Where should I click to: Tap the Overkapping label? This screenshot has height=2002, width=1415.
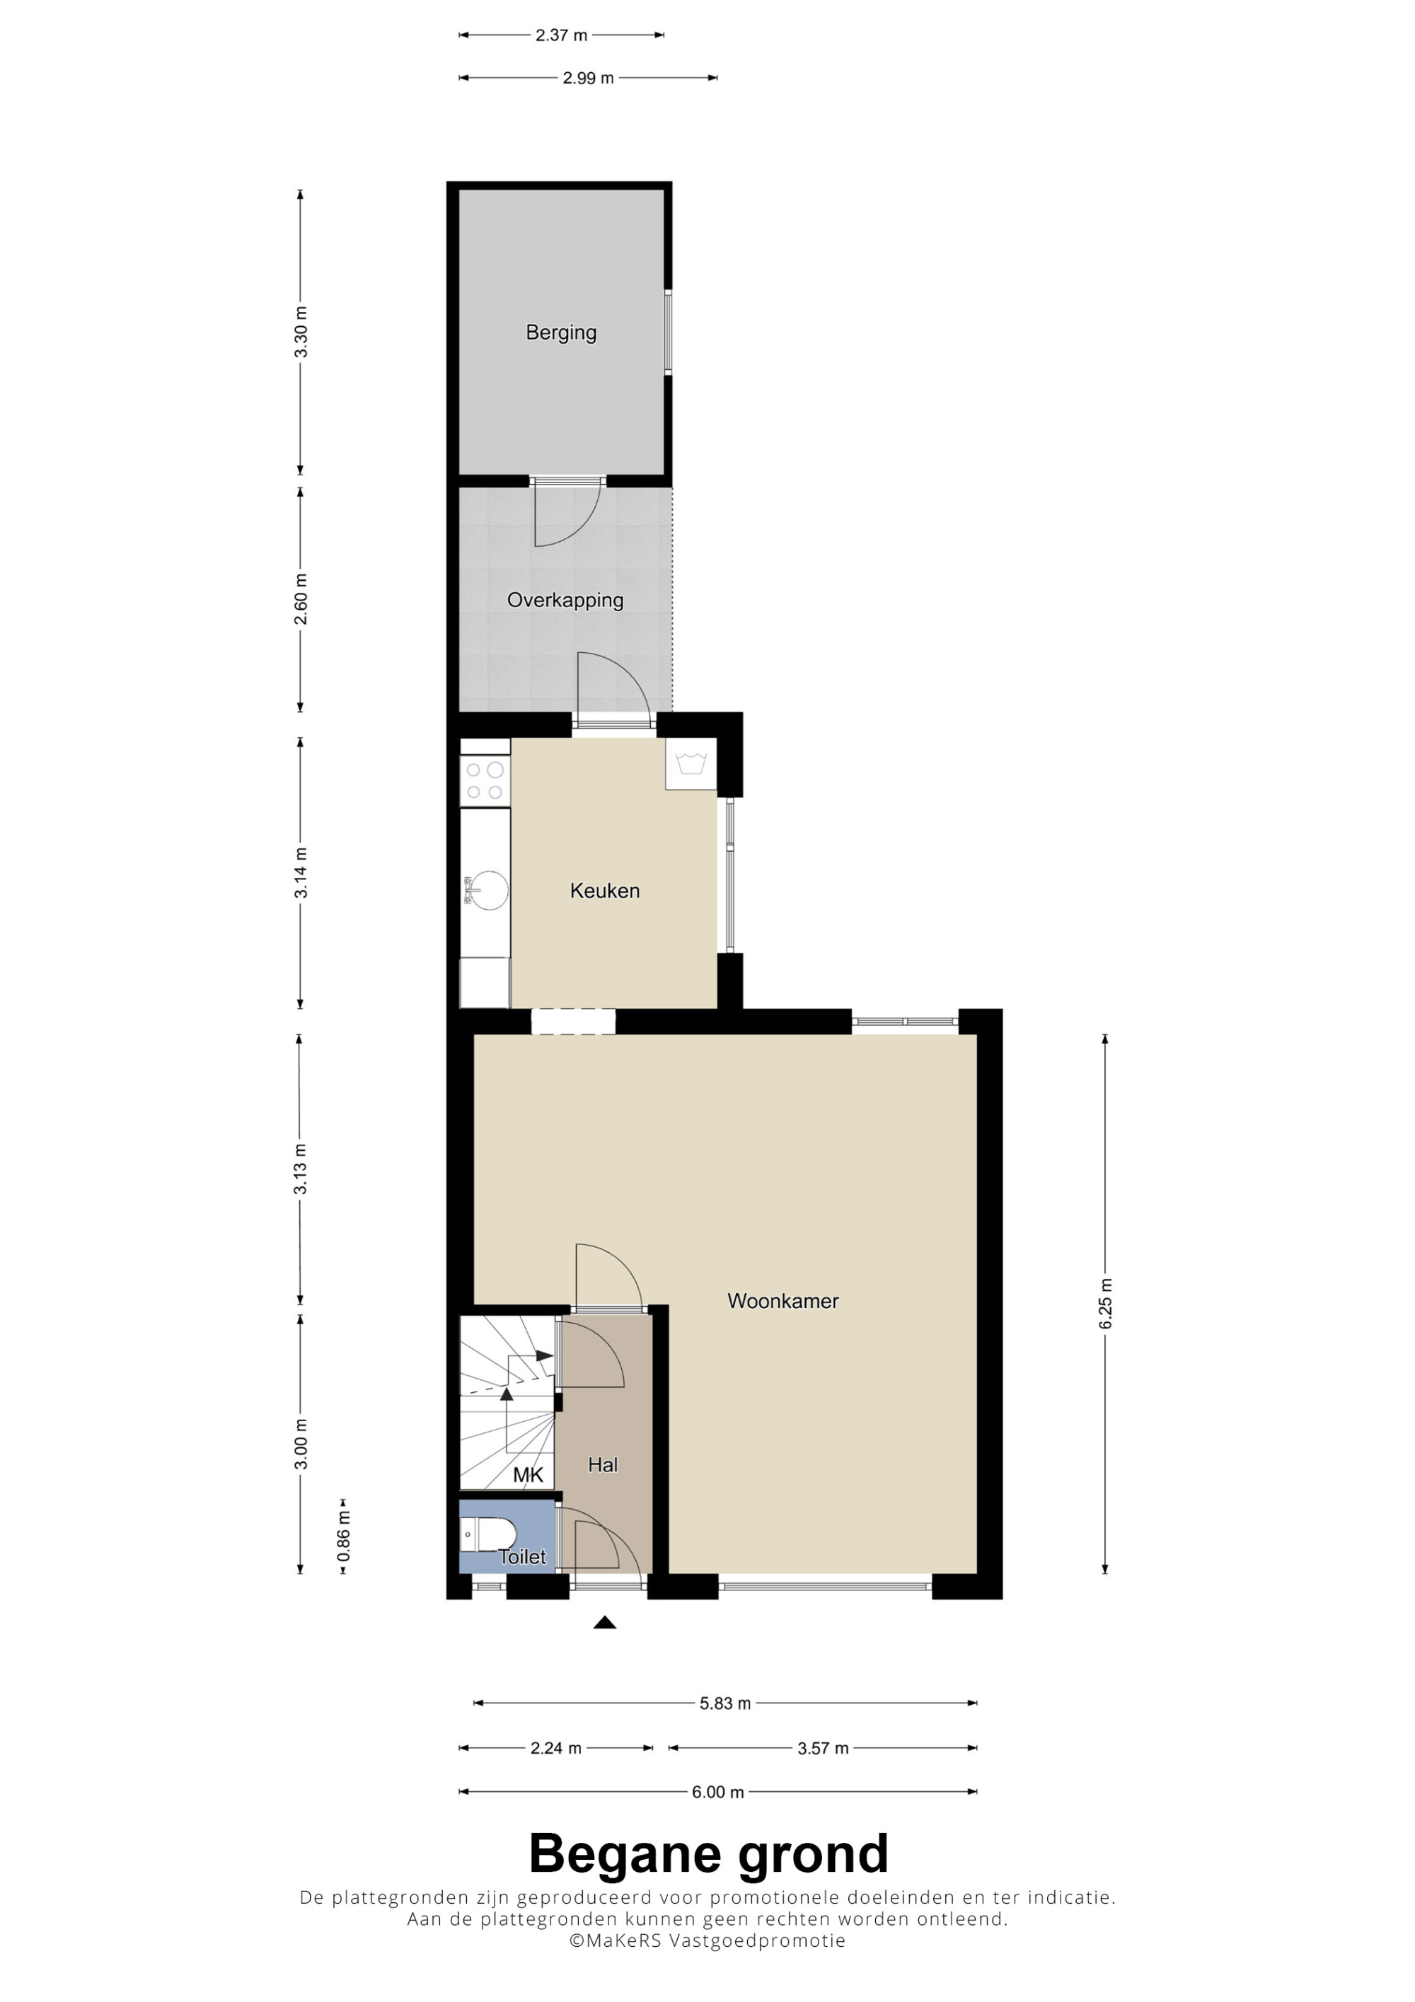pos(565,600)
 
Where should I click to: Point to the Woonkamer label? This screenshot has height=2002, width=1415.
pos(783,1301)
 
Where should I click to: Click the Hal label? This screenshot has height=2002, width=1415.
pos(603,1465)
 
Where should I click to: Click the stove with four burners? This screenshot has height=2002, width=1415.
pos(485,781)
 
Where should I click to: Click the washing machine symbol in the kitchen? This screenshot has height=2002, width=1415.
pos(691,764)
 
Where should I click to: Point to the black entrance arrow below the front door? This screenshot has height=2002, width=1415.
pos(605,1623)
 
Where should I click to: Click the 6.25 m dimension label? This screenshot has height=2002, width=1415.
pos(1106,1304)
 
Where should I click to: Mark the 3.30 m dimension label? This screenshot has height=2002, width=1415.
pos(301,332)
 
